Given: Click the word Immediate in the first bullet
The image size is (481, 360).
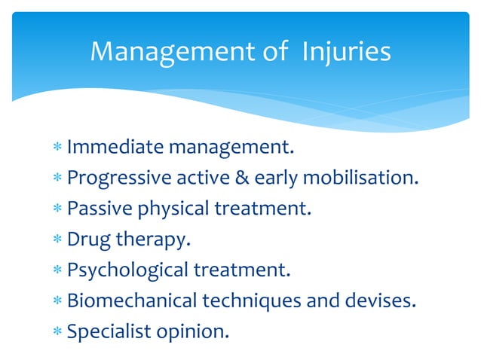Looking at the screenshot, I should click(x=114, y=146).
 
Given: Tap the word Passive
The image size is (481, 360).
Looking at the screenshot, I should click(x=97, y=208).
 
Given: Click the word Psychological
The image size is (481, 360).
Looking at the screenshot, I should click(x=121, y=270).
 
